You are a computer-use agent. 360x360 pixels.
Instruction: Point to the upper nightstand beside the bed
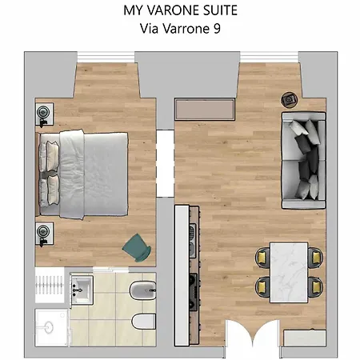pyautogui.click(x=44, y=114)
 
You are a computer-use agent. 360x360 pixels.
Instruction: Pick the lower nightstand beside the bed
pyautogui.click(x=44, y=232)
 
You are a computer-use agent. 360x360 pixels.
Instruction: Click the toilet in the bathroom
pyautogui.click(x=141, y=323)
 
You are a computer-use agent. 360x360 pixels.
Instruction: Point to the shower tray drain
pyautogui.click(x=50, y=326)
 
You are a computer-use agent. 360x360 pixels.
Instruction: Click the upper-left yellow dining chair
pyautogui.click(x=262, y=257)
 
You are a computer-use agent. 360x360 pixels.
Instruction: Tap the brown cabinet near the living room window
pyautogui.click(x=205, y=108)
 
